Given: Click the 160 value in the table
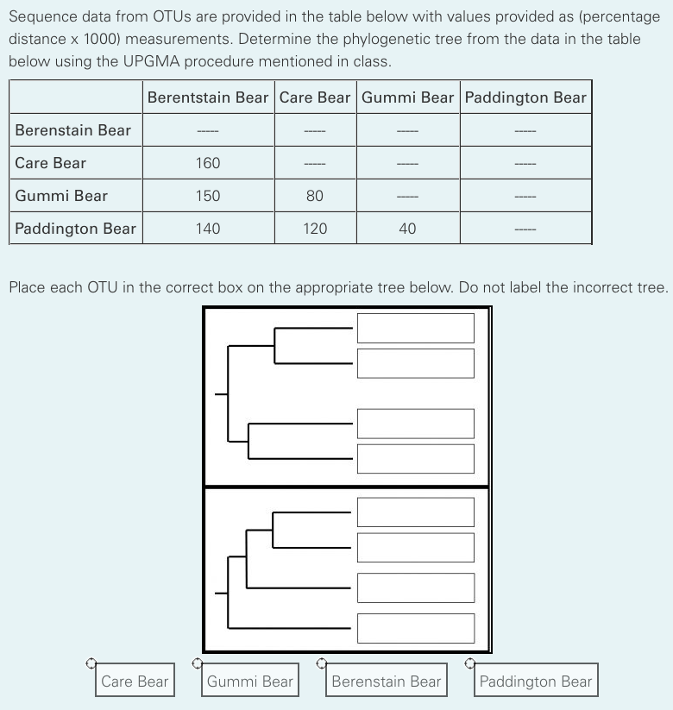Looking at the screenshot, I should [x=208, y=163].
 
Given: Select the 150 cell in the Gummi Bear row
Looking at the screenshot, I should [x=208, y=196].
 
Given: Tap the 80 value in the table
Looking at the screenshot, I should [x=315, y=196].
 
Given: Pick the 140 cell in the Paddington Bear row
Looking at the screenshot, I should [x=208, y=229].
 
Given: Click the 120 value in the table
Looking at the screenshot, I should [x=315, y=229].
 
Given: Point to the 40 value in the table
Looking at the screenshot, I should [x=407, y=229].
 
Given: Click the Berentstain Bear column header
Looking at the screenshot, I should [x=208, y=97].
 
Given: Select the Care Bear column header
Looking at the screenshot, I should [x=315, y=97].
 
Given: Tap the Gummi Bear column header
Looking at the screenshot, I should [x=407, y=97].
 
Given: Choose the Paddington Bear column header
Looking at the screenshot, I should [x=525, y=97].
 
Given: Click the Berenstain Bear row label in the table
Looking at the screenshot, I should [x=73, y=130].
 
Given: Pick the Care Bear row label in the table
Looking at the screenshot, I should [x=51, y=163].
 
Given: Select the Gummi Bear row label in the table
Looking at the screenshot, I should [x=61, y=196].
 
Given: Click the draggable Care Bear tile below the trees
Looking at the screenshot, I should [x=135, y=682].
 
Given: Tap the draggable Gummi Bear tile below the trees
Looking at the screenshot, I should [x=250, y=682].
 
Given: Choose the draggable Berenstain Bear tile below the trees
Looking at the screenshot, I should [x=387, y=682].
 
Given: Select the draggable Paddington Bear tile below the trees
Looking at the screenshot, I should [x=536, y=682].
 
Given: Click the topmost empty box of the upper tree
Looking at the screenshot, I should [x=416, y=328].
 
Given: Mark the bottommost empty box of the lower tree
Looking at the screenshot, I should [x=416, y=628].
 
